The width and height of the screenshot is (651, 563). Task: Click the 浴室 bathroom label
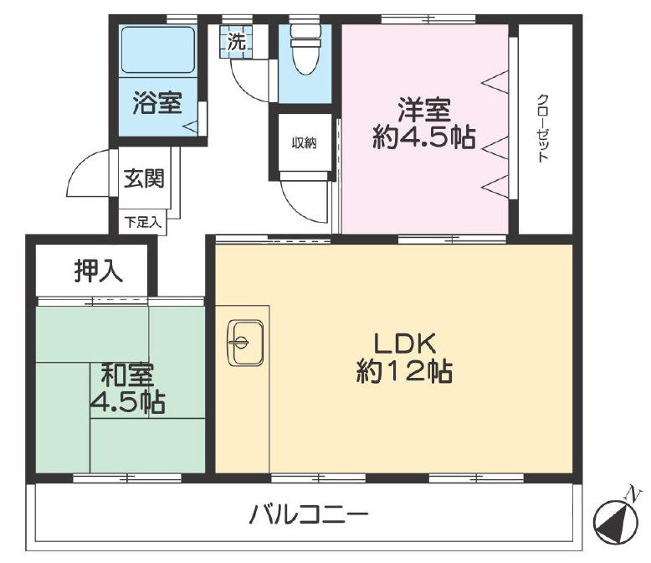157,103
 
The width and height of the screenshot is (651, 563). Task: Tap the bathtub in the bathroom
158,50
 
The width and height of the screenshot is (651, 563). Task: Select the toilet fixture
306,49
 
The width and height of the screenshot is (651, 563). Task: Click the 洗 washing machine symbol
236,43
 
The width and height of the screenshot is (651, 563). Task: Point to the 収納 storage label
305,143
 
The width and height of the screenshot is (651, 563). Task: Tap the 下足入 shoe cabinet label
143,223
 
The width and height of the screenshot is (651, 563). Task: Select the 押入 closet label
99,271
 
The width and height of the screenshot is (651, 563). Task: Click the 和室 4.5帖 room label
128,388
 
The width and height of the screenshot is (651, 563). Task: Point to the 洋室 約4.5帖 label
424,123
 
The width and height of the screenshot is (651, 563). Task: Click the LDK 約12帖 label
404,358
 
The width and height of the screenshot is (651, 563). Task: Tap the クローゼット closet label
543,128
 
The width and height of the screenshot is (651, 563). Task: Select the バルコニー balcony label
309,514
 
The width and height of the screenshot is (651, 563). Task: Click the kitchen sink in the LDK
245,343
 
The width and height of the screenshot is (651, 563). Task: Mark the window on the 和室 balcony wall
127,478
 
